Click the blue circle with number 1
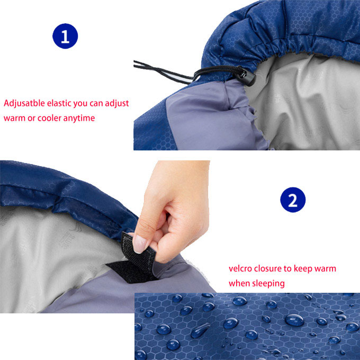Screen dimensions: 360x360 pyautogui.click(x=65, y=36)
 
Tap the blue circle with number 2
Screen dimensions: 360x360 pyautogui.click(x=293, y=200)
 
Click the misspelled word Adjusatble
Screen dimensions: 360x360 pyautogui.click(x=24, y=104)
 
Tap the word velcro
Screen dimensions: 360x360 pyautogui.click(x=241, y=268)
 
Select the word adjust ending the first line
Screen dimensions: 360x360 pyautogui.click(x=117, y=104)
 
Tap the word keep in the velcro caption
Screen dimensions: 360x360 pyautogui.click(x=298, y=269)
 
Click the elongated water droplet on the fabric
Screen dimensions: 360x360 pyautogui.click(x=200, y=330)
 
